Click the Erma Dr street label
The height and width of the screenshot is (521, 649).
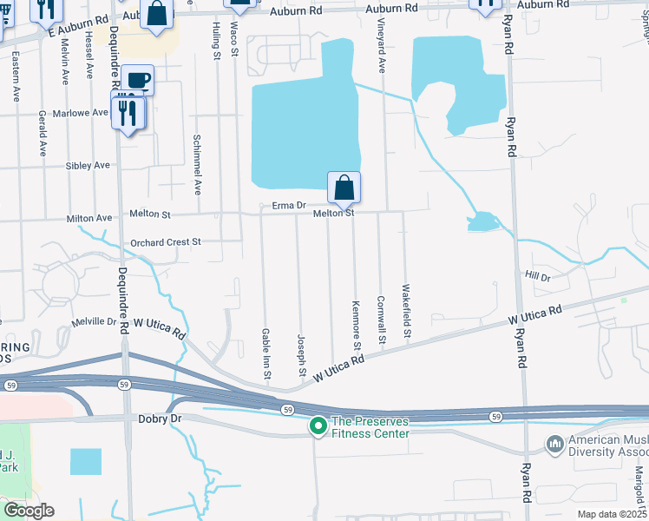coord(289,206)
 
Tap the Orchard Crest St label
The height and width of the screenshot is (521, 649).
coord(165,242)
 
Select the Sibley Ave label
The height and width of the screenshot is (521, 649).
coord(88,165)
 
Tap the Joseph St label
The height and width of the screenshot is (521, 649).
coord(302,355)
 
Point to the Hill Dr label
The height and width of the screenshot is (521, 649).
coord(538,276)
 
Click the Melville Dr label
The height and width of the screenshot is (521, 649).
coord(94,321)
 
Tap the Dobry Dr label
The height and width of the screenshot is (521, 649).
coord(160,419)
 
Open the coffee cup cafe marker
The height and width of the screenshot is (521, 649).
coord(137,81)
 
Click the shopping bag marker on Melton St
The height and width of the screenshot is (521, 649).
coord(344,187)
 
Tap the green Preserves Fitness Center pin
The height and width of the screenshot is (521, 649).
coord(318,425)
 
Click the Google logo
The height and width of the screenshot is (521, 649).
coord(29,511)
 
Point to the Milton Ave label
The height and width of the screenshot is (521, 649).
coord(90,218)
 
